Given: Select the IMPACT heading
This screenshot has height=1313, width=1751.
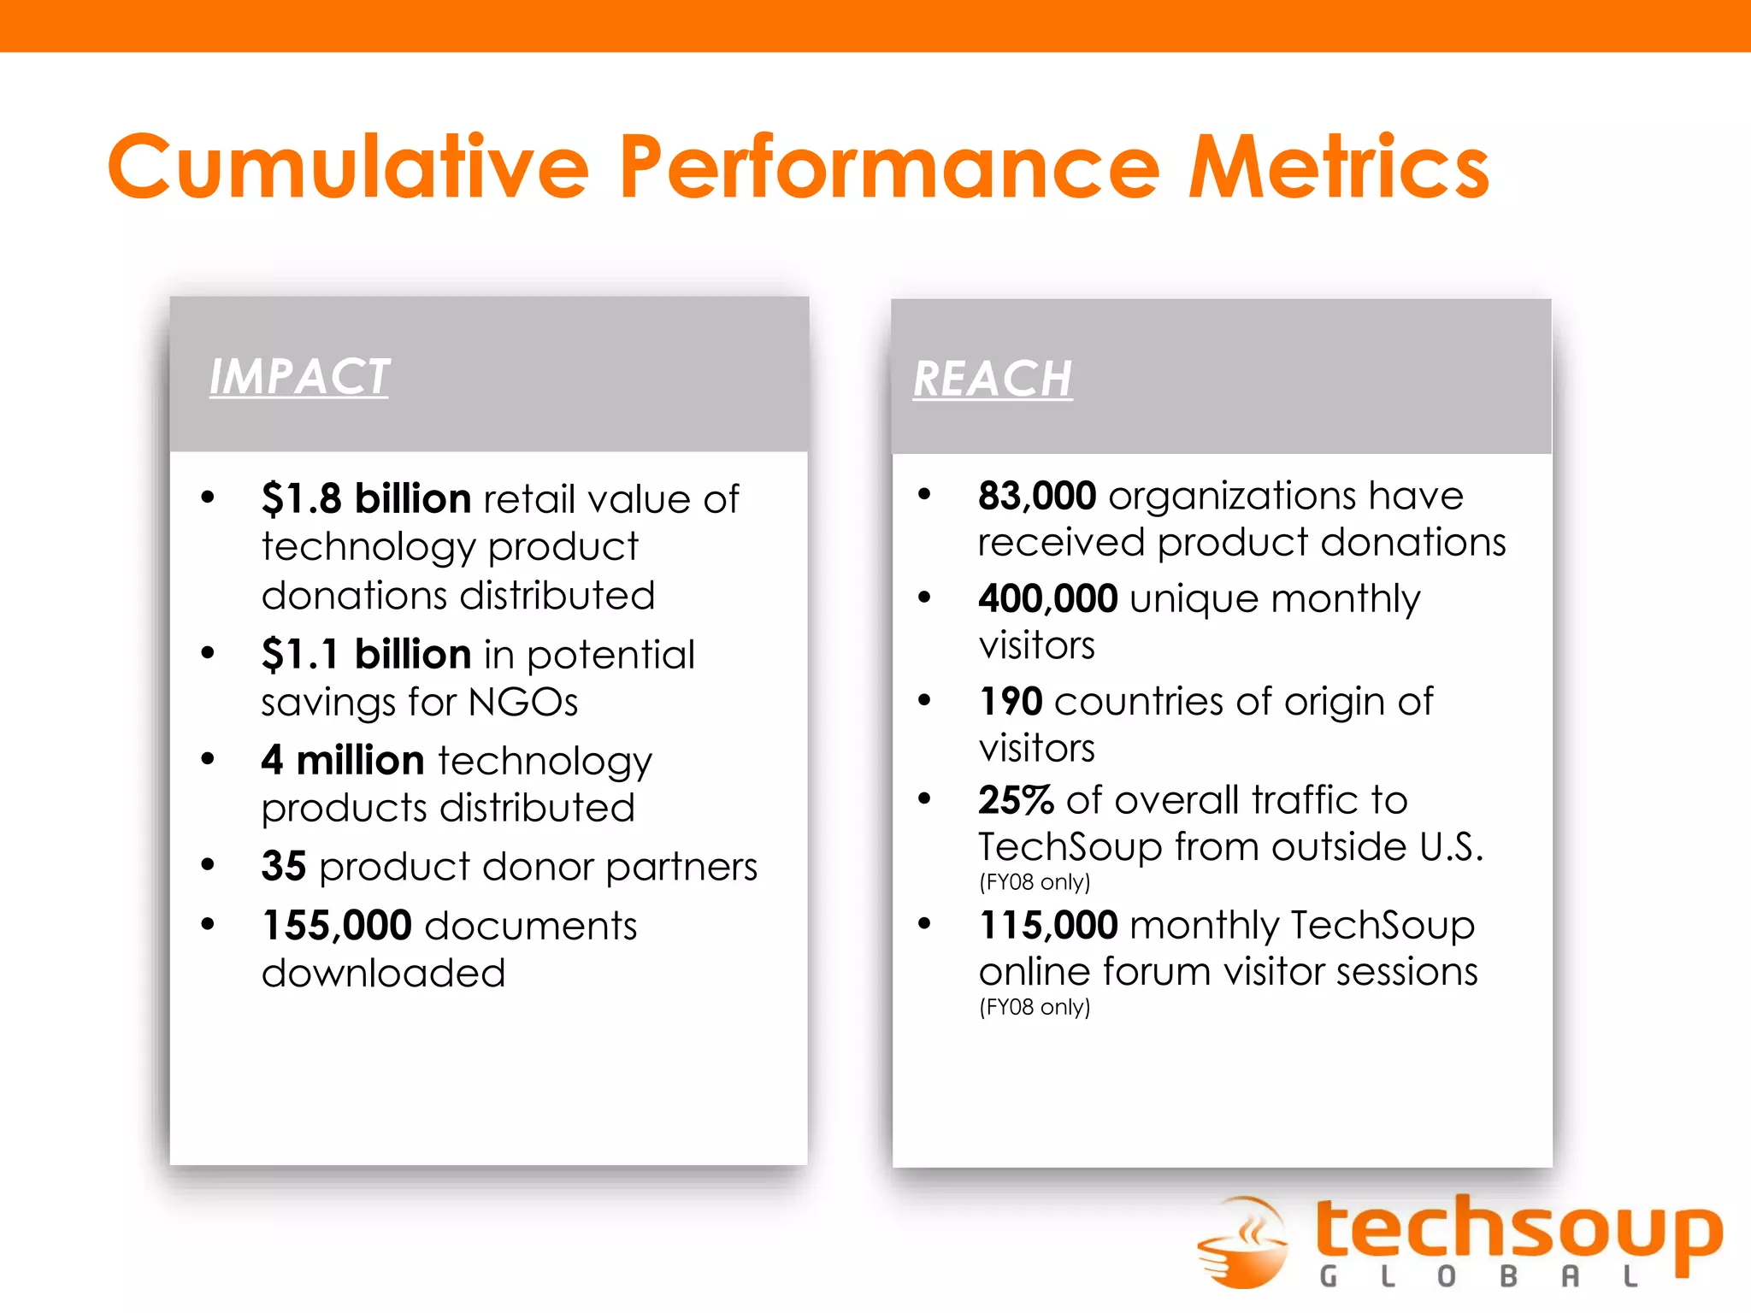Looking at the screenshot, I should (299, 377).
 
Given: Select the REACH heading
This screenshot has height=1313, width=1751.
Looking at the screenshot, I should (993, 379).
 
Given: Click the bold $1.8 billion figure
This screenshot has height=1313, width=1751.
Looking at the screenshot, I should (366, 498).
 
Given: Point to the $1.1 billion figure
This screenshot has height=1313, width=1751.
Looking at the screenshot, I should (366, 655).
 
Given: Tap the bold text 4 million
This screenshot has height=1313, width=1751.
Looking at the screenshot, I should (342, 760).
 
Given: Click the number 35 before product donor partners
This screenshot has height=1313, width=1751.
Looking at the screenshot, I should (284, 866).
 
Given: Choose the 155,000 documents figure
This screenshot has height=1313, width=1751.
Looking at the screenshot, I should (337, 926).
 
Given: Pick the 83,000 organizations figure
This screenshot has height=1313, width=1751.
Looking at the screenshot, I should (1037, 496).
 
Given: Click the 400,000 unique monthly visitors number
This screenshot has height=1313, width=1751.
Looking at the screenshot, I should (1048, 598).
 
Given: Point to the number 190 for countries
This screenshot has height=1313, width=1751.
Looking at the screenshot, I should (1011, 702).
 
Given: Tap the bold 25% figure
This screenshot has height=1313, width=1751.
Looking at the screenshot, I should (1016, 800).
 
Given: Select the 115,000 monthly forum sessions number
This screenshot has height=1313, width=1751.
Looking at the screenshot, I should (1048, 925).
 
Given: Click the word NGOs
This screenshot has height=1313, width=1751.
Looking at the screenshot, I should (523, 703).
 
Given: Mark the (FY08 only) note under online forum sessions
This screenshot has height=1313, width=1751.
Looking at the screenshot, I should (1035, 1007).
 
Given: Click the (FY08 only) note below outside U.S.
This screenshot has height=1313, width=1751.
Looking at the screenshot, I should (1035, 881).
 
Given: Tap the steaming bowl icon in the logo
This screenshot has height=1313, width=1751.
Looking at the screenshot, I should (1244, 1242).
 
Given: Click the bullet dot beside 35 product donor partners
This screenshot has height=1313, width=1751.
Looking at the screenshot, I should (208, 864).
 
